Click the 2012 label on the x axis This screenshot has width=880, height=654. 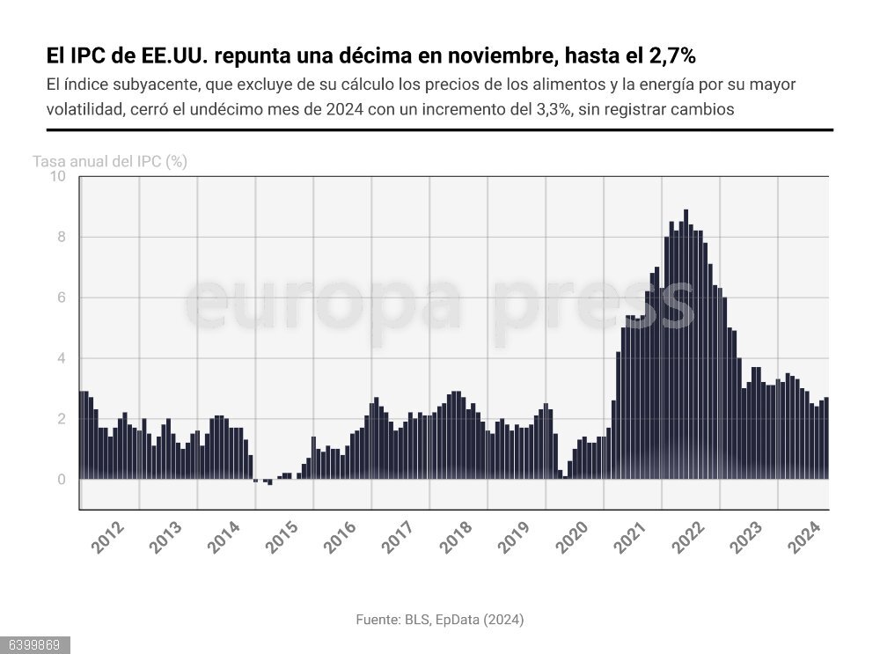pyautogui.click(x=107, y=537)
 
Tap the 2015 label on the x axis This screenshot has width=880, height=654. pyautogui.click(x=282, y=537)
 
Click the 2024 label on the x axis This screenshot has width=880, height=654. pyautogui.click(x=803, y=537)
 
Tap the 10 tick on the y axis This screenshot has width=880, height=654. pyautogui.click(x=57, y=176)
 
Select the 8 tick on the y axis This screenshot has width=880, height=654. pyautogui.click(x=61, y=237)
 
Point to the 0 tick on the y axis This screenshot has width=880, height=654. pyautogui.click(x=61, y=480)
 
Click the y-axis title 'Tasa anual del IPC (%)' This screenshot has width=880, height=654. pyautogui.click(x=110, y=162)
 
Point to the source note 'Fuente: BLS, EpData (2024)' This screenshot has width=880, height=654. pyautogui.click(x=439, y=620)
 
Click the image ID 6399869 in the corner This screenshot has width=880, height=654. pyautogui.click(x=35, y=645)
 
